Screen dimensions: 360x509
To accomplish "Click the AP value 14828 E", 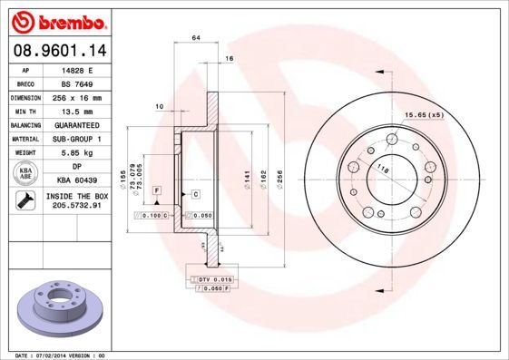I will (77, 69).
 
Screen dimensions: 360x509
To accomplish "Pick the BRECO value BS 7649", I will (77, 83).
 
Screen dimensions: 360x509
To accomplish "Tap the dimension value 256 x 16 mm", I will (77, 97).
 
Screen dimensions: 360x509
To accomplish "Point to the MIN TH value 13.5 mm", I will (77, 111).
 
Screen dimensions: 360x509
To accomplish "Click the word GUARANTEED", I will (77, 125).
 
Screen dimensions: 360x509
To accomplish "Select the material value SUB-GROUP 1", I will (77, 139).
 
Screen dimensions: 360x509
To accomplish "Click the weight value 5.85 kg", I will (77, 153).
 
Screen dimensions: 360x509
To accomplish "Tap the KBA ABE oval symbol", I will (26, 175).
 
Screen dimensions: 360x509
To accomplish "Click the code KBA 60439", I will (77, 181).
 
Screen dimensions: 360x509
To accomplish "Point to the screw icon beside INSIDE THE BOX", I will (26, 202).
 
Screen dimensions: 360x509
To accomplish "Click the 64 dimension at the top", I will (195, 37).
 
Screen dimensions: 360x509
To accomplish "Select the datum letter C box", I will (195, 194).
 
